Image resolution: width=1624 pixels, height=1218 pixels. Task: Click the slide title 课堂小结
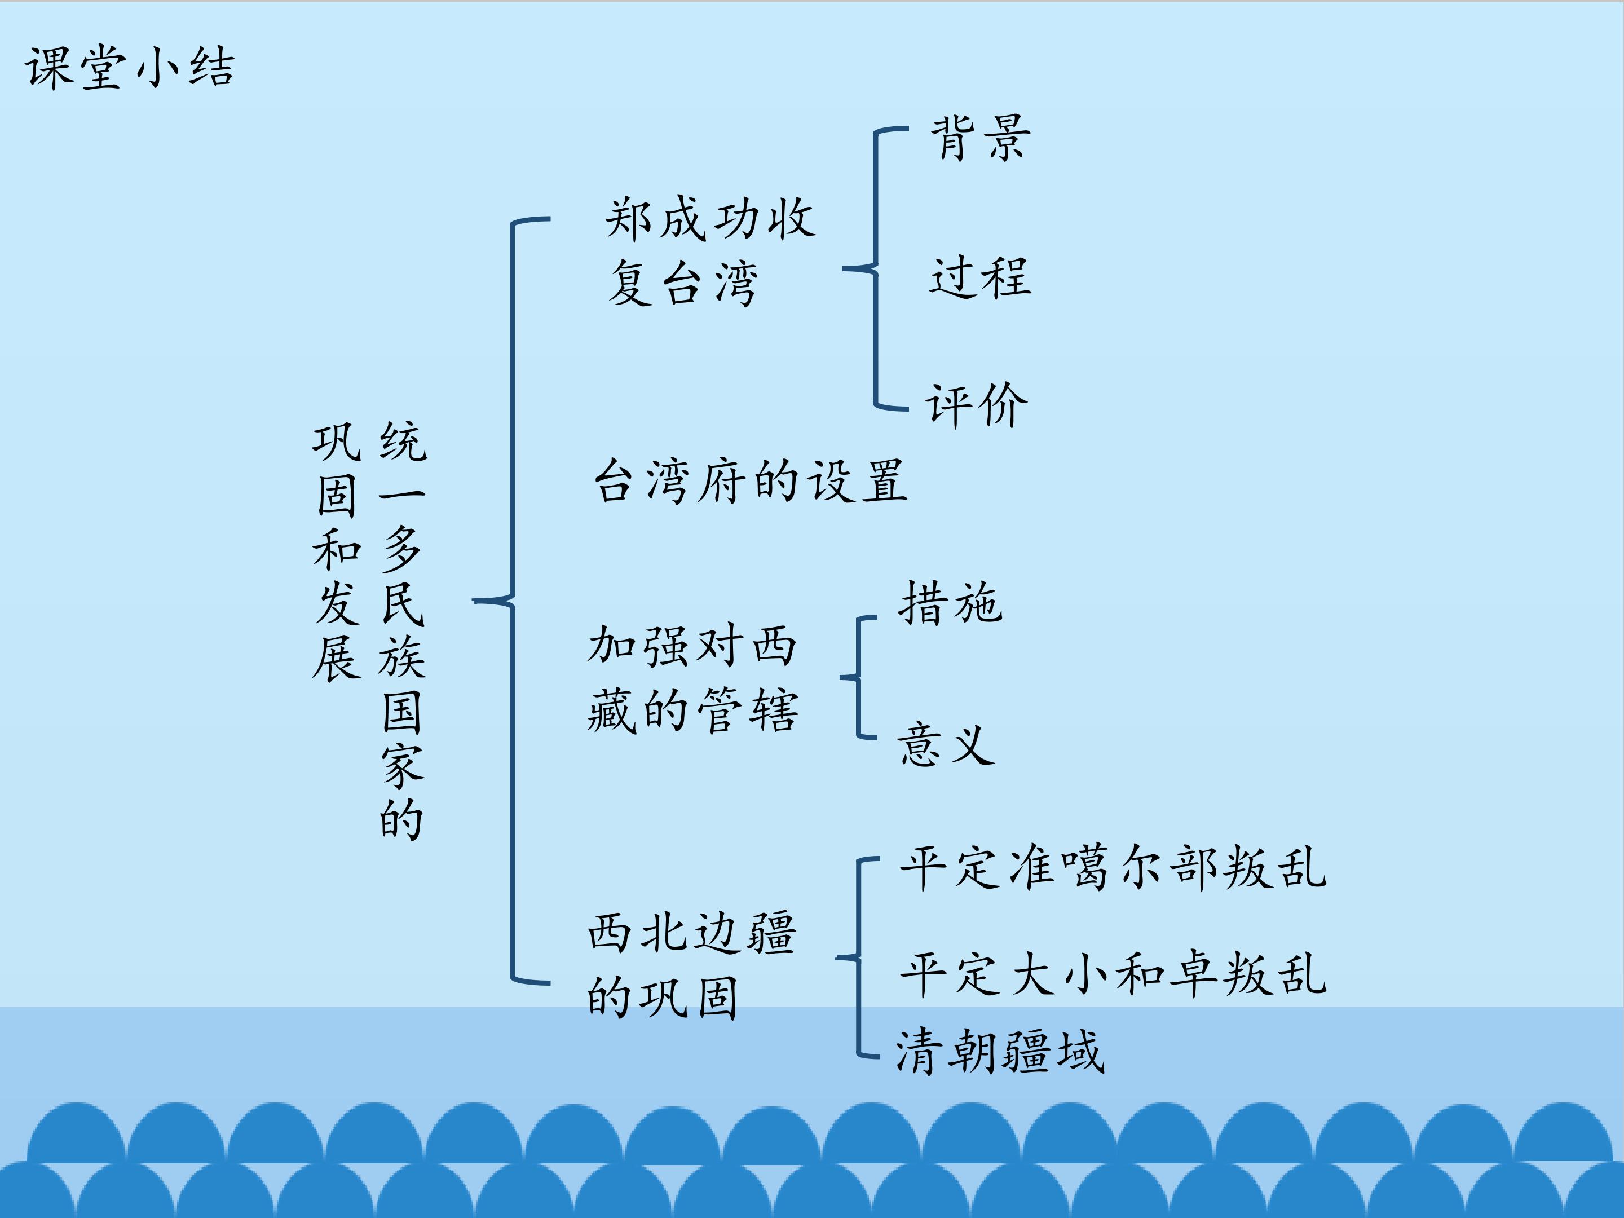[130, 68]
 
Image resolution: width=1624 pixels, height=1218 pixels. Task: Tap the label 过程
[981, 277]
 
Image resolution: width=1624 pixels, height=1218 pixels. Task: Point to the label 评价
[977, 404]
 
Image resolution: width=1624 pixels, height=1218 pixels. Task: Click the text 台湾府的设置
[751, 481]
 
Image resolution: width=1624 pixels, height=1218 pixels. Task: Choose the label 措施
[950, 603]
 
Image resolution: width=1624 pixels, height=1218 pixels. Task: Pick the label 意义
[946, 744]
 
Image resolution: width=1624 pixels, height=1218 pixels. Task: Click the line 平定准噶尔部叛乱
[1113, 868]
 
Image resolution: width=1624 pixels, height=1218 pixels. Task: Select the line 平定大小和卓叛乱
[1113, 974]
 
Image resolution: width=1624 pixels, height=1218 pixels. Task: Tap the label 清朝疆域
[1000, 1051]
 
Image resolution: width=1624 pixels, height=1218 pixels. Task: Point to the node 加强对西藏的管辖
[692, 678]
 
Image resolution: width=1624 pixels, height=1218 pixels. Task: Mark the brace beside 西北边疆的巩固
[858, 957]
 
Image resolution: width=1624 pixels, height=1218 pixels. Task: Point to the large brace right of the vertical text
[511, 601]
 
